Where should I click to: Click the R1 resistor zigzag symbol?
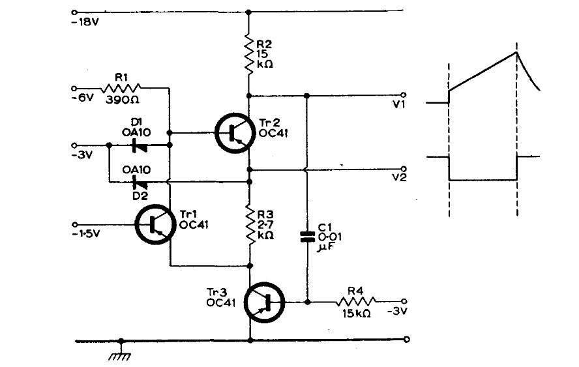[x=121, y=87]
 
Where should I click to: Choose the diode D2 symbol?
[x=138, y=181]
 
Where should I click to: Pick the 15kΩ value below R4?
[x=355, y=314]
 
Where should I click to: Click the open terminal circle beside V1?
[x=404, y=95]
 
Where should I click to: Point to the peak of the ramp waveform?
[x=516, y=52]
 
